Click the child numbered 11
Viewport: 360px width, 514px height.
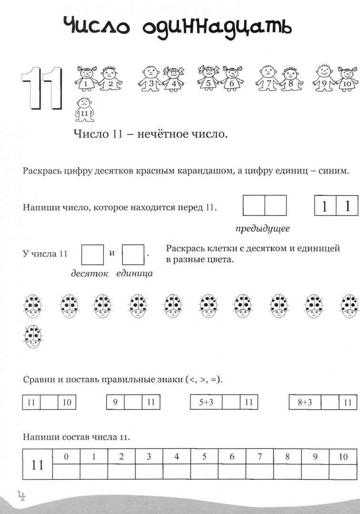84,110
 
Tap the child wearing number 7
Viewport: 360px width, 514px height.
268,79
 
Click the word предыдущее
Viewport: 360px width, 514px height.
262,228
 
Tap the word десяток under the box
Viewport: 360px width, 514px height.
90,273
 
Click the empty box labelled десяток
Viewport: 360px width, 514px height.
92,254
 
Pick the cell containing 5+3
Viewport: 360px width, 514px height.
206,402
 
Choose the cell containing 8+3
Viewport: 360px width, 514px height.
305,402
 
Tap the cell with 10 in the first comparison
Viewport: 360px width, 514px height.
67,402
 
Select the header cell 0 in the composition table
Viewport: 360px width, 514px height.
66,457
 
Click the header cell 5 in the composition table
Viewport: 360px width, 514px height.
204,457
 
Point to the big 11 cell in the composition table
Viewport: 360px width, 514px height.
38,464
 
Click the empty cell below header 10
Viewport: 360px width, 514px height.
343,472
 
